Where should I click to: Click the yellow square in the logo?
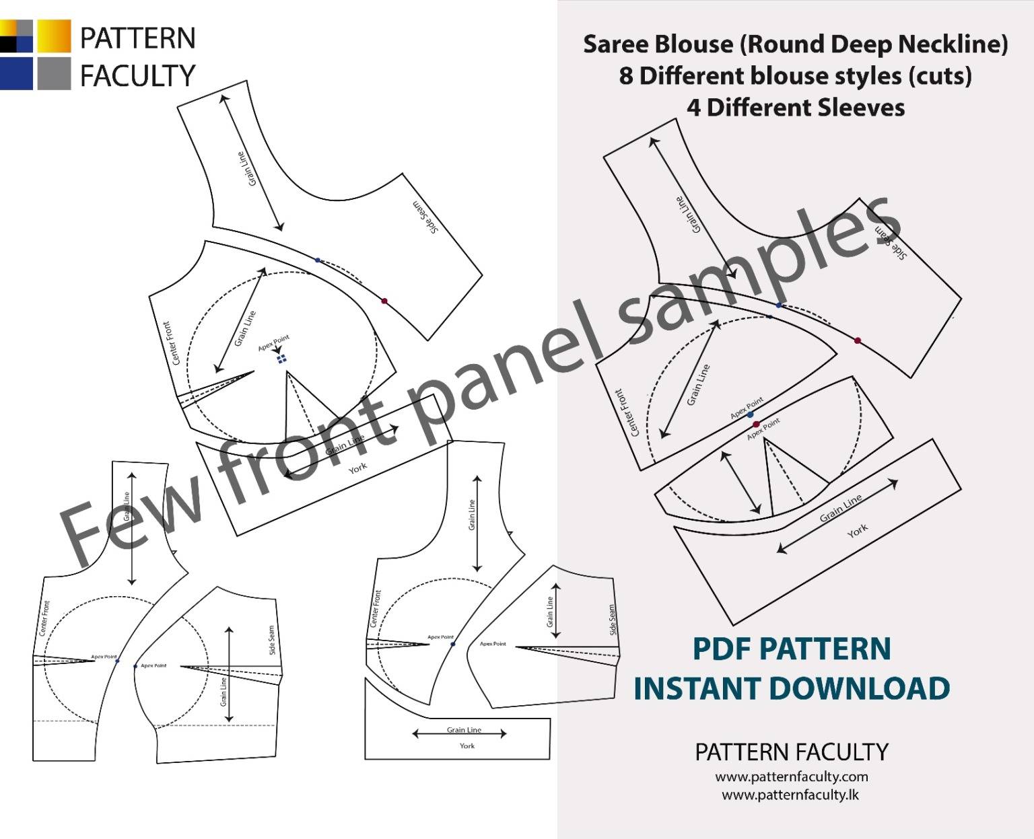53,36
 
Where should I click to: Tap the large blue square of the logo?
15,74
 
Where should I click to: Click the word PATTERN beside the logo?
137,38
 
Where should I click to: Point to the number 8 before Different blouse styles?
626,76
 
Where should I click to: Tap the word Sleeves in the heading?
862,108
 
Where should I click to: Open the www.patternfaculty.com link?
791,776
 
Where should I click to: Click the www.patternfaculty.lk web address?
791,795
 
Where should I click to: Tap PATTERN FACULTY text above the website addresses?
791,752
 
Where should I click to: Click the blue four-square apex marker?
282,359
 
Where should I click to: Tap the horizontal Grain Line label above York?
464,730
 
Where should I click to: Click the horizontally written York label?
467,746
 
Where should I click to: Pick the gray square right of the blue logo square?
53,74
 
